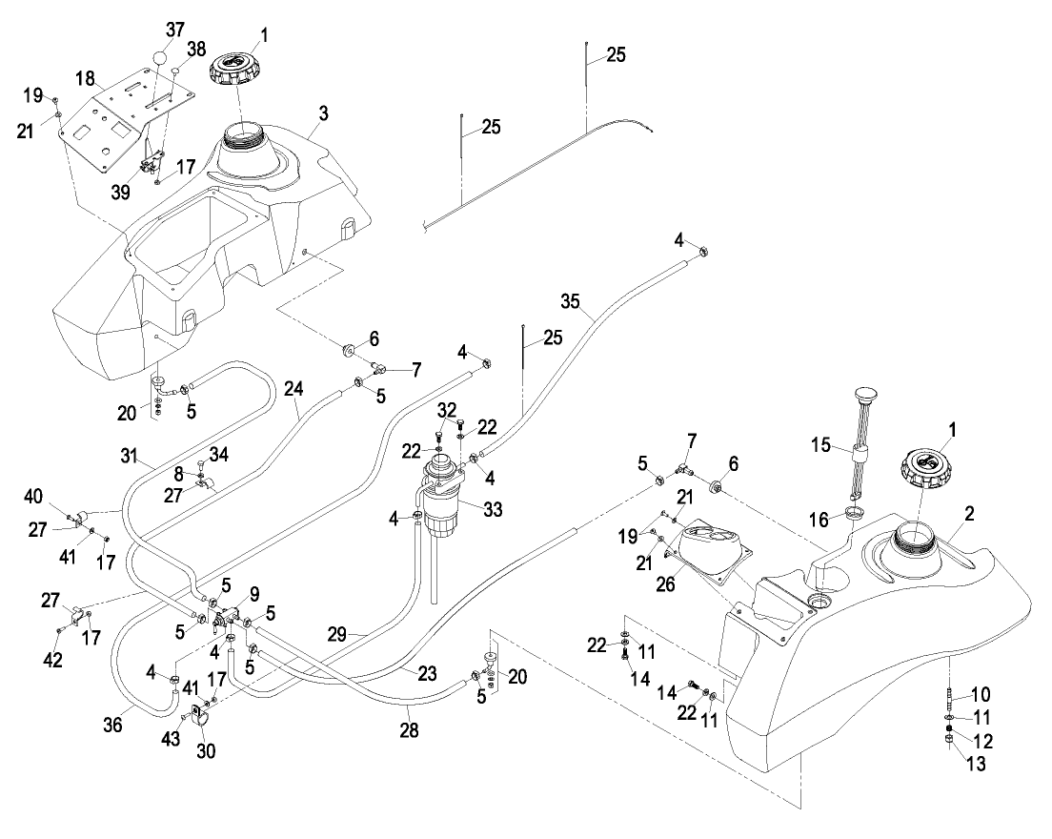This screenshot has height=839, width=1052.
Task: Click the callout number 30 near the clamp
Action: coord(207,750)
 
